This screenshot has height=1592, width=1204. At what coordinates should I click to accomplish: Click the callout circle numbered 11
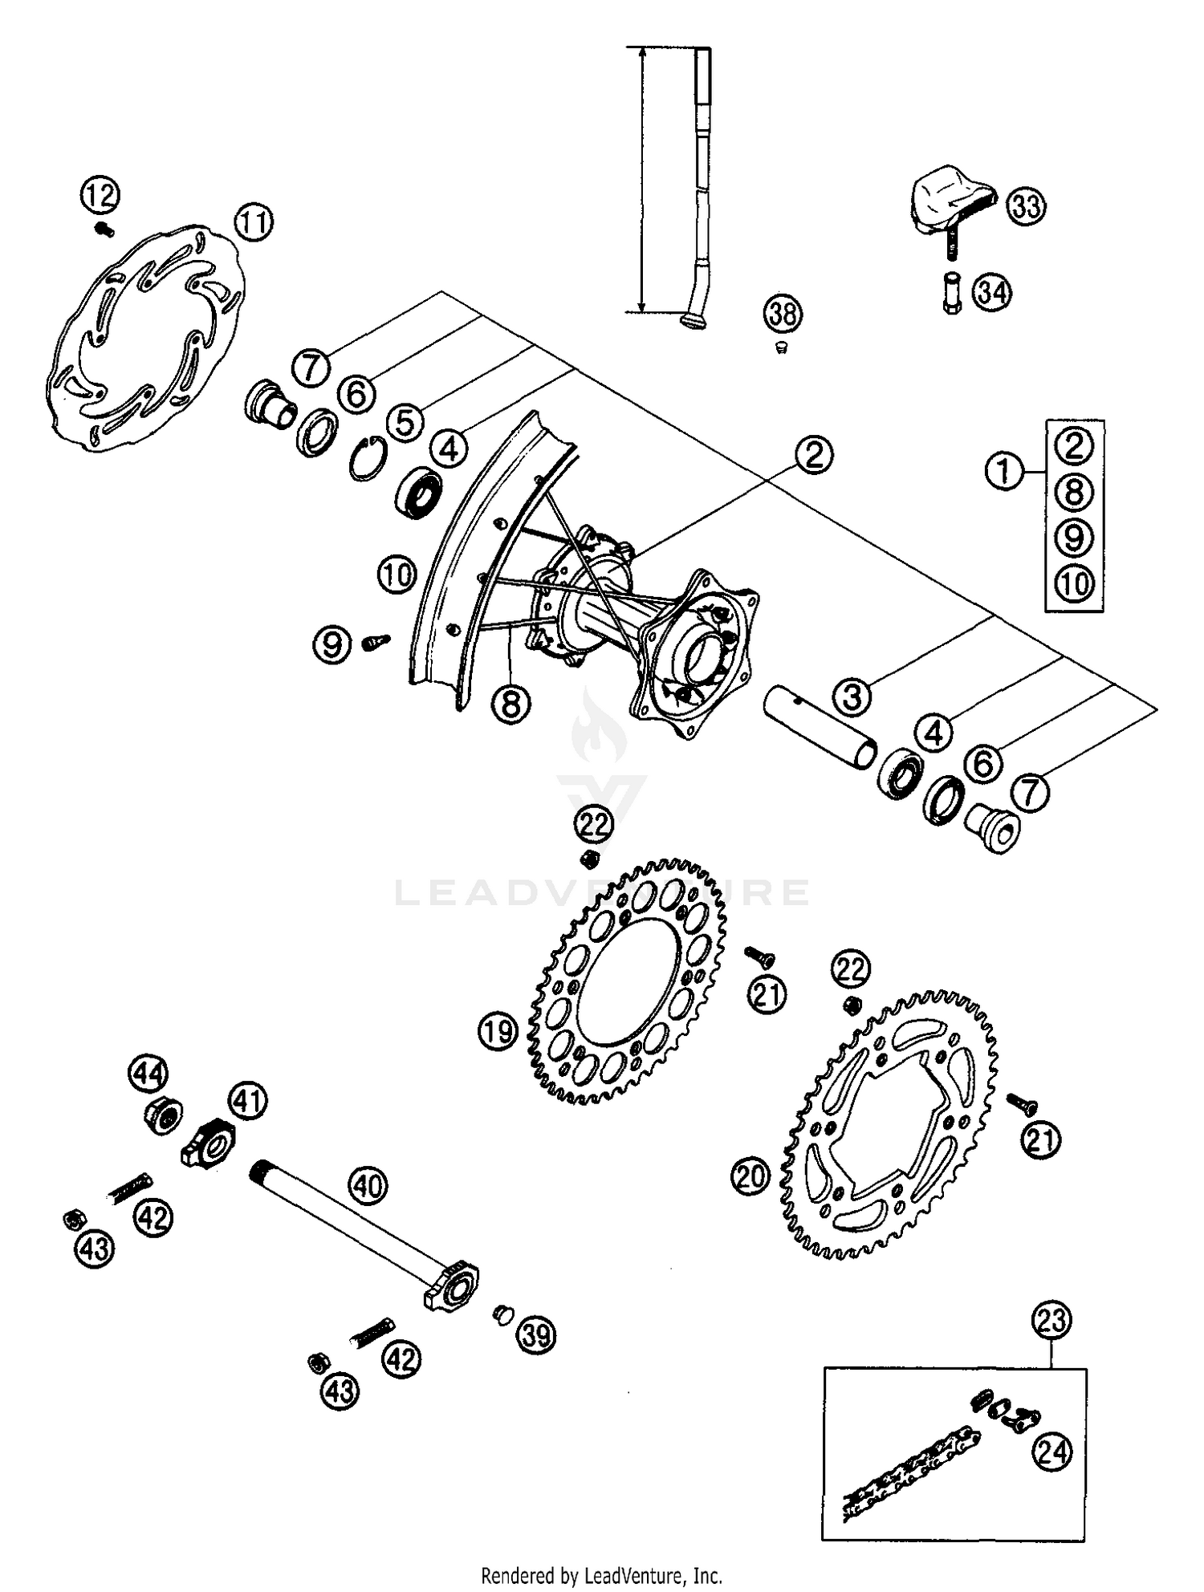(254, 222)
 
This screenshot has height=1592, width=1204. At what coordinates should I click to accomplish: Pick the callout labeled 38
(783, 314)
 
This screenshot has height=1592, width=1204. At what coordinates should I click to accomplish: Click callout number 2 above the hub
(814, 455)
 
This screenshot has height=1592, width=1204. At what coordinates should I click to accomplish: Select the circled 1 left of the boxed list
(1004, 471)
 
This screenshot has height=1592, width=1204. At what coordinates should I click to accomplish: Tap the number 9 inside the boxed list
(1074, 537)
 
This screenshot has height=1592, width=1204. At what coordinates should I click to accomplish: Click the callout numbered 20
(750, 1176)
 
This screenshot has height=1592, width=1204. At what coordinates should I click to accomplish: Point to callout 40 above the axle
(368, 1185)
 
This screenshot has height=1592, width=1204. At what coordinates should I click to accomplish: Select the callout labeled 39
(536, 1335)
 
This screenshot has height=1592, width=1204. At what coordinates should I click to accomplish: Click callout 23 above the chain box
(1052, 1320)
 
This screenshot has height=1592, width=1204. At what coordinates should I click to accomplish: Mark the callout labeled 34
(993, 293)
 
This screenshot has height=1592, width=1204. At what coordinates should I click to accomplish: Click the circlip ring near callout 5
(369, 459)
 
